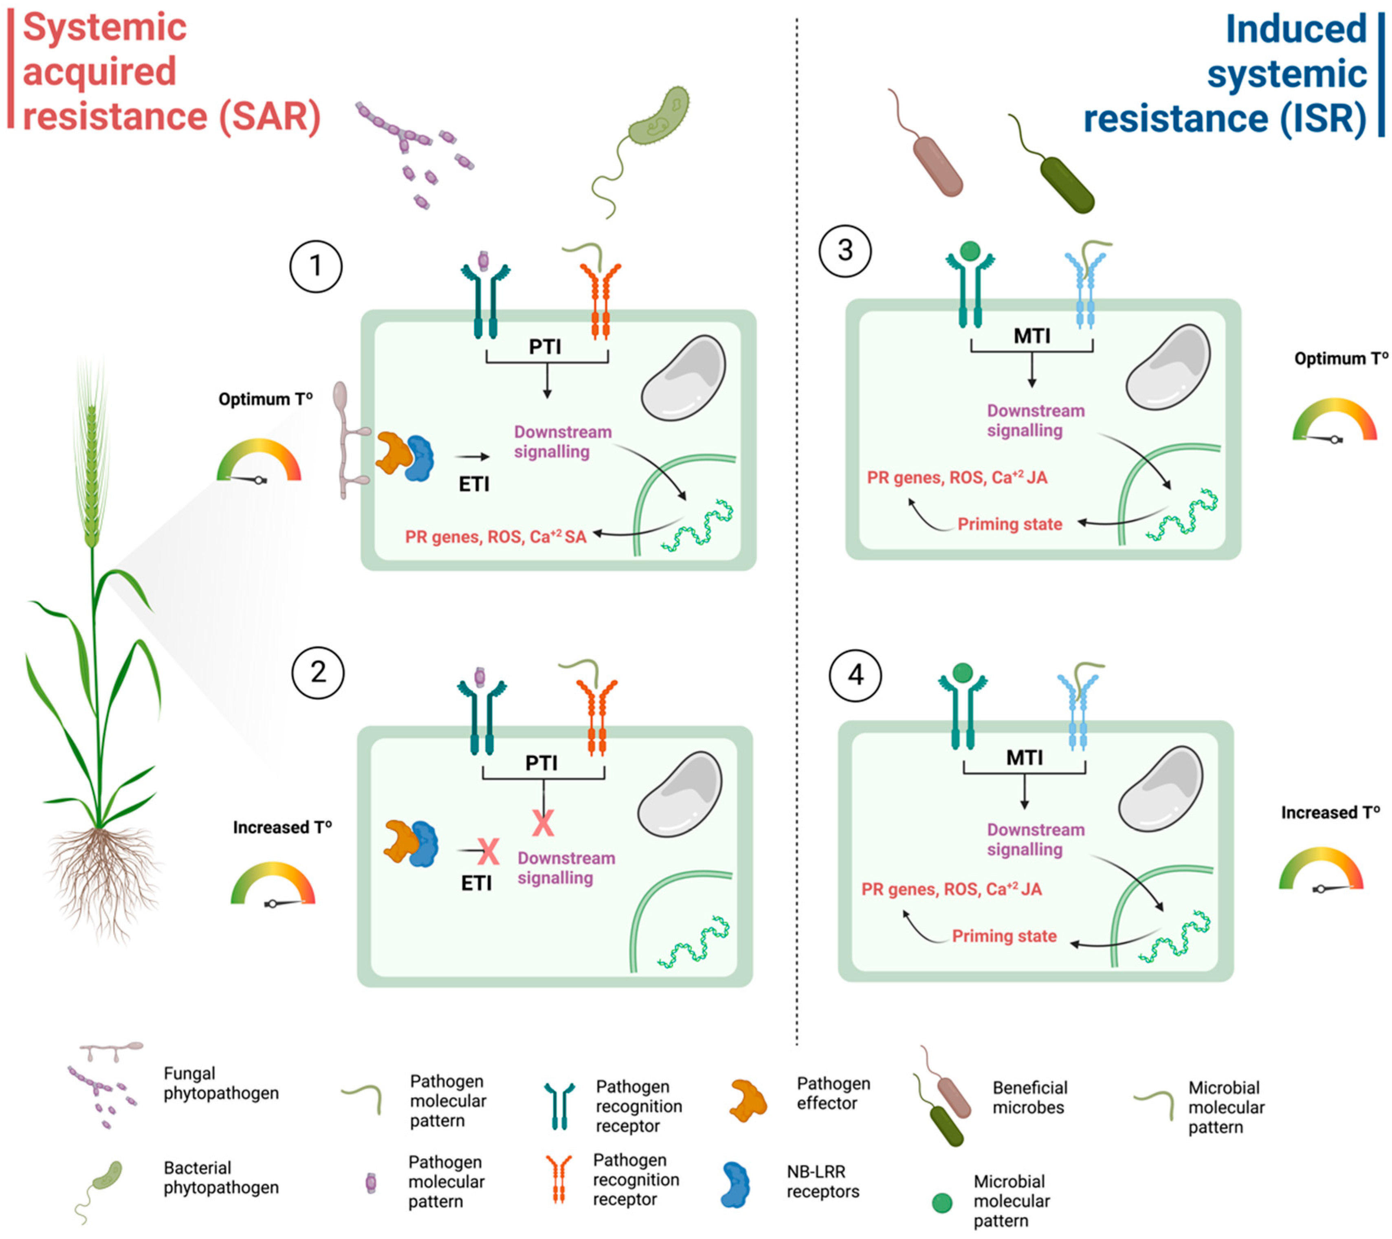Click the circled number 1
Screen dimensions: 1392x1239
[316, 266]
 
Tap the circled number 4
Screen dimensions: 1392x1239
[855, 675]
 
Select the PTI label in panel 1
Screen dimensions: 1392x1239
[545, 347]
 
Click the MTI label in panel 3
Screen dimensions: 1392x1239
[1032, 336]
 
